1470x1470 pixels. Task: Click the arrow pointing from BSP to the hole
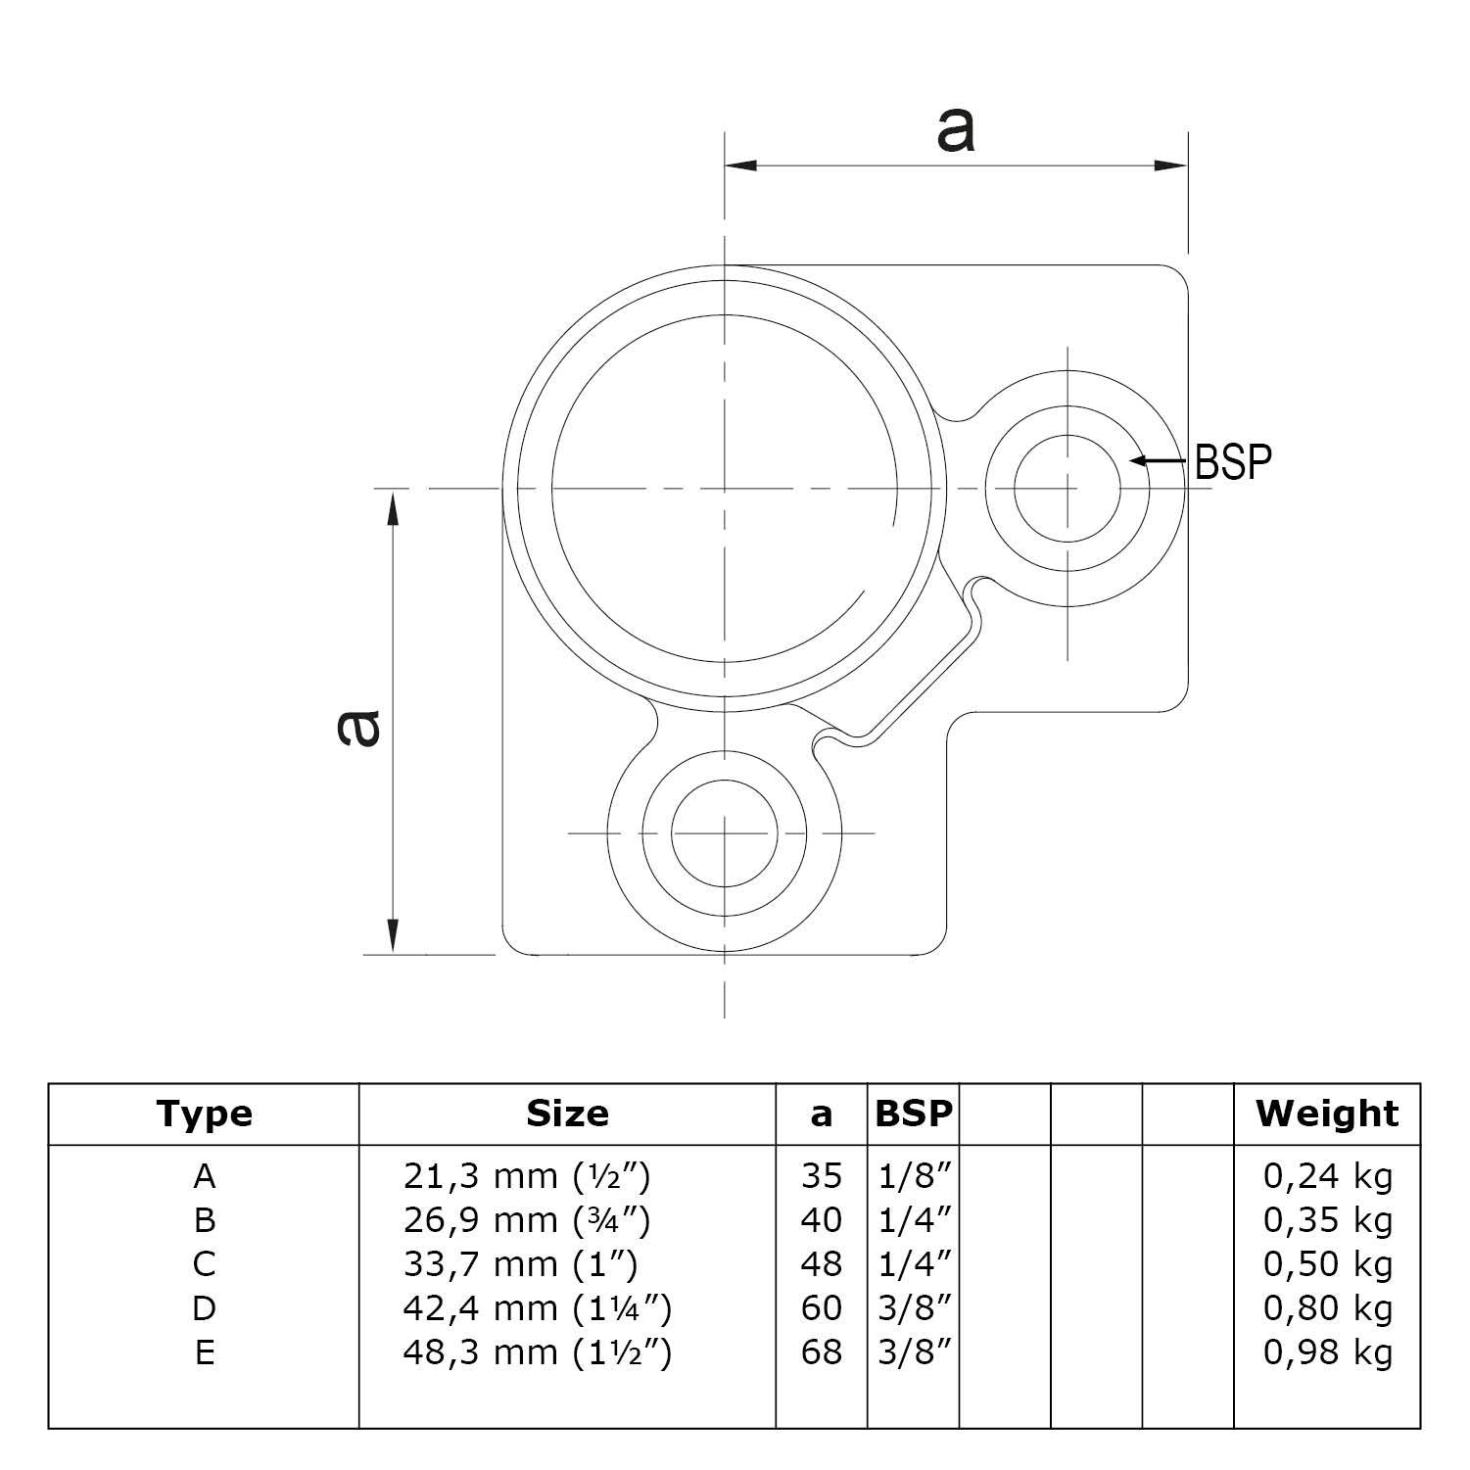click(1160, 460)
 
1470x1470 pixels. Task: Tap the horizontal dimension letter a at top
click(955, 130)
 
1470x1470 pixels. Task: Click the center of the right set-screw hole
click(1067, 487)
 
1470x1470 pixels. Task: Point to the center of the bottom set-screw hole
click(725, 833)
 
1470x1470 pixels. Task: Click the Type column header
click(204, 1114)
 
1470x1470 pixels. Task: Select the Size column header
click(567, 1114)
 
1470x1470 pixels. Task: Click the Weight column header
click(1327, 1114)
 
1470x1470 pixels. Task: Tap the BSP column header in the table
click(913, 1114)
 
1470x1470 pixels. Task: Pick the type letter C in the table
click(204, 1264)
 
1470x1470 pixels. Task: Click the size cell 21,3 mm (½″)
click(527, 1175)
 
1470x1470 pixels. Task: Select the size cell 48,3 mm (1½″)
click(538, 1352)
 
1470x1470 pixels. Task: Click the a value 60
click(821, 1308)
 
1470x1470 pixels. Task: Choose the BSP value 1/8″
click(913, 1175)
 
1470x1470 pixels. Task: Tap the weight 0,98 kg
click(1327, 1352)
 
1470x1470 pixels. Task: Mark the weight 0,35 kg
click(1327, 1220)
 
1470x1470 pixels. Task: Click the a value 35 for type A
click(821, 1175)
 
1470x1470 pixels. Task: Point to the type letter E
click(204, 1352)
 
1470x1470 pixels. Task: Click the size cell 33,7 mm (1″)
click(520, 1264)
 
